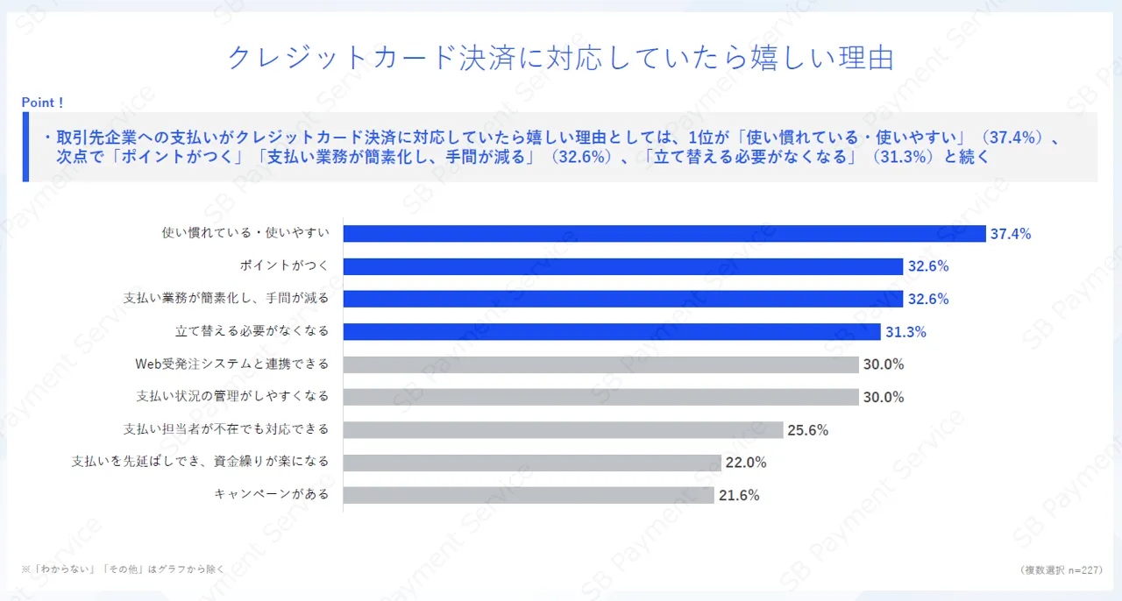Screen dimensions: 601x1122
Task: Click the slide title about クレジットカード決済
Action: coord(560,58)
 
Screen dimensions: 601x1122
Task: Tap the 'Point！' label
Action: coord(43,103)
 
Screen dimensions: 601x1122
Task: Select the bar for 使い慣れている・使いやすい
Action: coord(664,234)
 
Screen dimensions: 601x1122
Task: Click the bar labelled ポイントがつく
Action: coord(622,266)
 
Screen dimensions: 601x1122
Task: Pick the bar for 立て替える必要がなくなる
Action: coord(611,332)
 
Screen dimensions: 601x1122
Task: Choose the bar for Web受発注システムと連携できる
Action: coord(600,364)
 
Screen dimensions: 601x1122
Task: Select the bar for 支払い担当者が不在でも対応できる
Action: coord(563,430)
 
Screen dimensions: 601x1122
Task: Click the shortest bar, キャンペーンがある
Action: coord(528,495)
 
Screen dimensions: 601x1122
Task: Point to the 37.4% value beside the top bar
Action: coord(1010,234)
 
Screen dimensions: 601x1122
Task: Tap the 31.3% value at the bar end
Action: coord(905,332)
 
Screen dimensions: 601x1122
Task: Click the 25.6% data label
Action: coord(807,430)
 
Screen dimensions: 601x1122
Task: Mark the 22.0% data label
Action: coord(746,463)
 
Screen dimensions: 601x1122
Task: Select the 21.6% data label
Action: coord(739,495)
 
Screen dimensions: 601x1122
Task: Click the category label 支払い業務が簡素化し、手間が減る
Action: coord(226,299)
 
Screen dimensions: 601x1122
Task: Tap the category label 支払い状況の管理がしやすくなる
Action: coord(232,397)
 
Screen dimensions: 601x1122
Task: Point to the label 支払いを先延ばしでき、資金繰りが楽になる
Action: coord(200,462)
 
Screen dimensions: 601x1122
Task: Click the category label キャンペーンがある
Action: coord(272,494)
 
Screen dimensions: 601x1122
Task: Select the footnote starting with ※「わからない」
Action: coord(123,569)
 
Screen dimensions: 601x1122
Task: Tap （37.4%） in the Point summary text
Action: coord(1012,138)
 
